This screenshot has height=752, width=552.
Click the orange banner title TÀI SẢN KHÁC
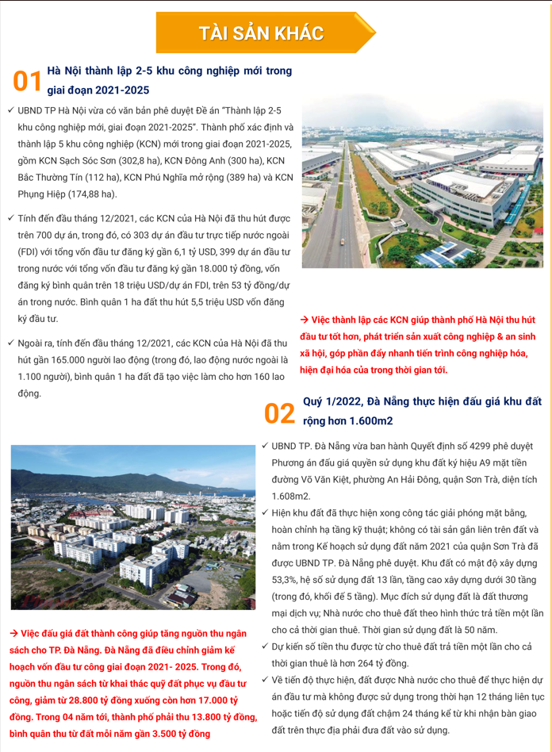[261, 33]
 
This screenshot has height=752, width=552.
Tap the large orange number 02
[279, 412]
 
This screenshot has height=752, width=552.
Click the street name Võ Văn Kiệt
[327, 479]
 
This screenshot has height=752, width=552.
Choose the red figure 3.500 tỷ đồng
[160, 734]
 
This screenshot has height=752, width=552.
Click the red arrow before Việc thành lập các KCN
[304, 319]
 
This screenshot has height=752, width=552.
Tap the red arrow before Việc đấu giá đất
[13, 634]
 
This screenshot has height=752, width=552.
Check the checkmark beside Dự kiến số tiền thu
[266, 646]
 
